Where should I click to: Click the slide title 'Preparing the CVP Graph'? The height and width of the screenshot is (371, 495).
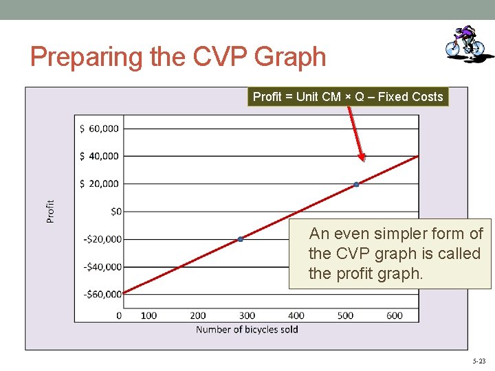point(178,56)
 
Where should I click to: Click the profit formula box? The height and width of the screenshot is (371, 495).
point(348,97)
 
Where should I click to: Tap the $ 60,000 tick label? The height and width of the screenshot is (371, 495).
point(99,128)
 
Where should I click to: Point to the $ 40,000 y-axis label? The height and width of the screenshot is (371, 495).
point(99,156)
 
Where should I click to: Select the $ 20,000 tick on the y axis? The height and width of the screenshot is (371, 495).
point(99,183)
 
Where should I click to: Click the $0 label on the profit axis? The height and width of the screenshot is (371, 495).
point(115,212)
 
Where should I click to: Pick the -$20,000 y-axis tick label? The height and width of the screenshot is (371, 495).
point(102,239)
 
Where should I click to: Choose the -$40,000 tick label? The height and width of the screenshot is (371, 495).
point(102,267)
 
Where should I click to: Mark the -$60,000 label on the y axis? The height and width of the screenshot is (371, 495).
point(102,294)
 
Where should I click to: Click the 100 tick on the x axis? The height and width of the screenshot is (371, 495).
point(148,315)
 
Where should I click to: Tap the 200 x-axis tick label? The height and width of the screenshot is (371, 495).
point(198,315)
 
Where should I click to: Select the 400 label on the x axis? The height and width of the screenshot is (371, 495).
point(296,315)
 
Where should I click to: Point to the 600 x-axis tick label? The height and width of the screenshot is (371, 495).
point(395,315)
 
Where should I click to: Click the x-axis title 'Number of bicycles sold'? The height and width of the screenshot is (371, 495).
point(247,330)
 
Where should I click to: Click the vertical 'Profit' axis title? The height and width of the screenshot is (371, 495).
point(50,211)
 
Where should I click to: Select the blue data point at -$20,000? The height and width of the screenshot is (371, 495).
point(241,239)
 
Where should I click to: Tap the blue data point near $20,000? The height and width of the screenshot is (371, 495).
point(356,184)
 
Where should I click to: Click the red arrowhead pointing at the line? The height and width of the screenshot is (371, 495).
point(362,157)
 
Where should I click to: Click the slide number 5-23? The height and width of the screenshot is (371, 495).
point(478,361)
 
